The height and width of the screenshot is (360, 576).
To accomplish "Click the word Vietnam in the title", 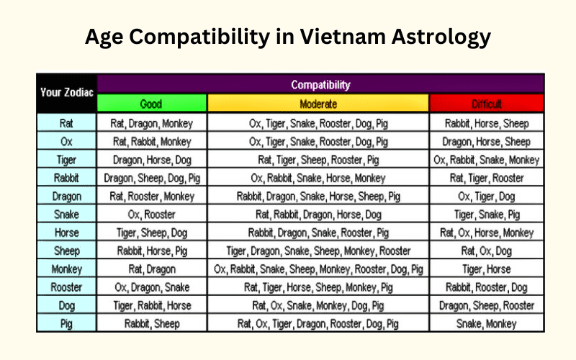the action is [343, 37].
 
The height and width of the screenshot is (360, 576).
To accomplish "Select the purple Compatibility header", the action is [320, 84].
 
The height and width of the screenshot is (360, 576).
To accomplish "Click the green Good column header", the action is [152, 104].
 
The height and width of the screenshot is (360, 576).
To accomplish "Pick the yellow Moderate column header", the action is [318, 104].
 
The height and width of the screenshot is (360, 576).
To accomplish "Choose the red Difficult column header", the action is [487, 104].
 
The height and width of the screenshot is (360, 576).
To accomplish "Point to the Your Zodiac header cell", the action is [66, 93].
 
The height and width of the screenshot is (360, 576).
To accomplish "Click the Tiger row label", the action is [66, 160].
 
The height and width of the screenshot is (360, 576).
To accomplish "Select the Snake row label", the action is [66, 214].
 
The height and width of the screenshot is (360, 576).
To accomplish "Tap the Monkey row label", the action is [66, 269].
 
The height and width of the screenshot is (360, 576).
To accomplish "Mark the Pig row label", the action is [66, 323].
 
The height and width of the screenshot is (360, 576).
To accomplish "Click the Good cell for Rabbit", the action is [152, 178].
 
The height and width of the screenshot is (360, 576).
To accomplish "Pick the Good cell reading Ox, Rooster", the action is [152, 214].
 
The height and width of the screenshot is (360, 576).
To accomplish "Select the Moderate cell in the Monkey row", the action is [318, 269].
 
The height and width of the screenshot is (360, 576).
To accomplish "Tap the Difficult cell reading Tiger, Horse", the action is [487, 269].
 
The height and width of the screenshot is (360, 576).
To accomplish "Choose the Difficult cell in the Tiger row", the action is [487, 160].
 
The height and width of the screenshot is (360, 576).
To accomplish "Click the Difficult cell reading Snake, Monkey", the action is [487, 323].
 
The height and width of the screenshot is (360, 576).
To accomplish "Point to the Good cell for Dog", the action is [152, 305].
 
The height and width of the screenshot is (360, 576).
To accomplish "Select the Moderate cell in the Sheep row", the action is [318, 251].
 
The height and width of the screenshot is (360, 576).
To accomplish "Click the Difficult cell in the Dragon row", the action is [487, 196].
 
